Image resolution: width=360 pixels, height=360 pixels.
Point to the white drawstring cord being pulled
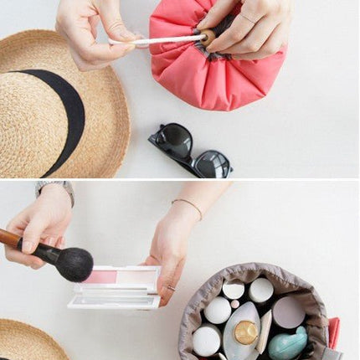[155, 39]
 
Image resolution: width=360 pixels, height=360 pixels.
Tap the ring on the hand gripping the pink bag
[249, 18]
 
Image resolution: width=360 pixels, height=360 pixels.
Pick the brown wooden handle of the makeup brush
[10, 239]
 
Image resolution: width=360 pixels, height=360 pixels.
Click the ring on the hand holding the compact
[170, 288]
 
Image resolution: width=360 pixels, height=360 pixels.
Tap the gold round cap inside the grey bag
[245, 332]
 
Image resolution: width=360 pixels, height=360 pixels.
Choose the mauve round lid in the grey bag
[289, 311]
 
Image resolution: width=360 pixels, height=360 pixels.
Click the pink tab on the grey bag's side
[334, 332]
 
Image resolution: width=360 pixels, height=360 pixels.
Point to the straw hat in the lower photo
[29, 343]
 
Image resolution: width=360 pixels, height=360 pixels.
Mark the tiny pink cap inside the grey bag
[235, 304]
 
